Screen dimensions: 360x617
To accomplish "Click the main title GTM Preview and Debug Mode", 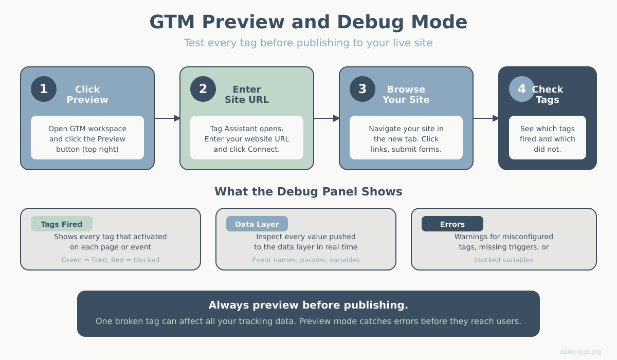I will pyautogui.click(x=308, y=22).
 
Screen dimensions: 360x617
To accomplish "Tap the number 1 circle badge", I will pyautogui.click(x=44, y=89).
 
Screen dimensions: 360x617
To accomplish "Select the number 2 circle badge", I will pyautogui.click(x=203, y=89).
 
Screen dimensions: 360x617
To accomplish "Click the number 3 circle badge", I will pyautogui.click(x=362, y=89).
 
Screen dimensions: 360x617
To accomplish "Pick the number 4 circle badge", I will pyautogui.click(x=522, y=89).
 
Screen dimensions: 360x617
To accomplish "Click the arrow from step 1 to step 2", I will pyautogui.click(x=167, y=118).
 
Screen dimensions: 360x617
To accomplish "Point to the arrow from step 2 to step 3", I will pyautogui.click(x=326, y=118).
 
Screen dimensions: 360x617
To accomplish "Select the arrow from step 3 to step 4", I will pyautogui.click(x=486, y=118).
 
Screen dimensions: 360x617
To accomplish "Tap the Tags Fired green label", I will pyautogui.click(x=62, y=224).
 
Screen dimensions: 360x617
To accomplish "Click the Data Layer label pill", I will pyautogui.click(x=257, y=224).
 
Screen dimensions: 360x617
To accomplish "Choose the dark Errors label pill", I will pyautogui.click(x=452, y=224).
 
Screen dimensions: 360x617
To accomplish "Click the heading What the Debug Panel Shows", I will pyautogui.click(x=308, y=192).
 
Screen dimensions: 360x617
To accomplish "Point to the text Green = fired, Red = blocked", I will pyautogui.click(x=111, y=260).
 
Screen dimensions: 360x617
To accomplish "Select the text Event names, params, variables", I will pyautogui.click(x=306, y=260).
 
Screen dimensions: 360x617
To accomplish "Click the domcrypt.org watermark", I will pyautogui.click(x=580, y=352).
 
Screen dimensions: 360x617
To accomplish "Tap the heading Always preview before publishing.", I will pyautogui.click(x=308, y=305).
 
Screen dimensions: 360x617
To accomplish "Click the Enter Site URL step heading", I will pyautogui.click(x=247, y=95).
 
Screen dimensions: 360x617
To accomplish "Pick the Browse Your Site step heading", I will pyautogui.click(x=406, y=95).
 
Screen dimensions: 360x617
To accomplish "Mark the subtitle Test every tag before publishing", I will pyautogui.click(x=308, y=43).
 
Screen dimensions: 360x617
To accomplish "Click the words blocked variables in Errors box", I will pyautogui.click(x=504, y=260).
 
